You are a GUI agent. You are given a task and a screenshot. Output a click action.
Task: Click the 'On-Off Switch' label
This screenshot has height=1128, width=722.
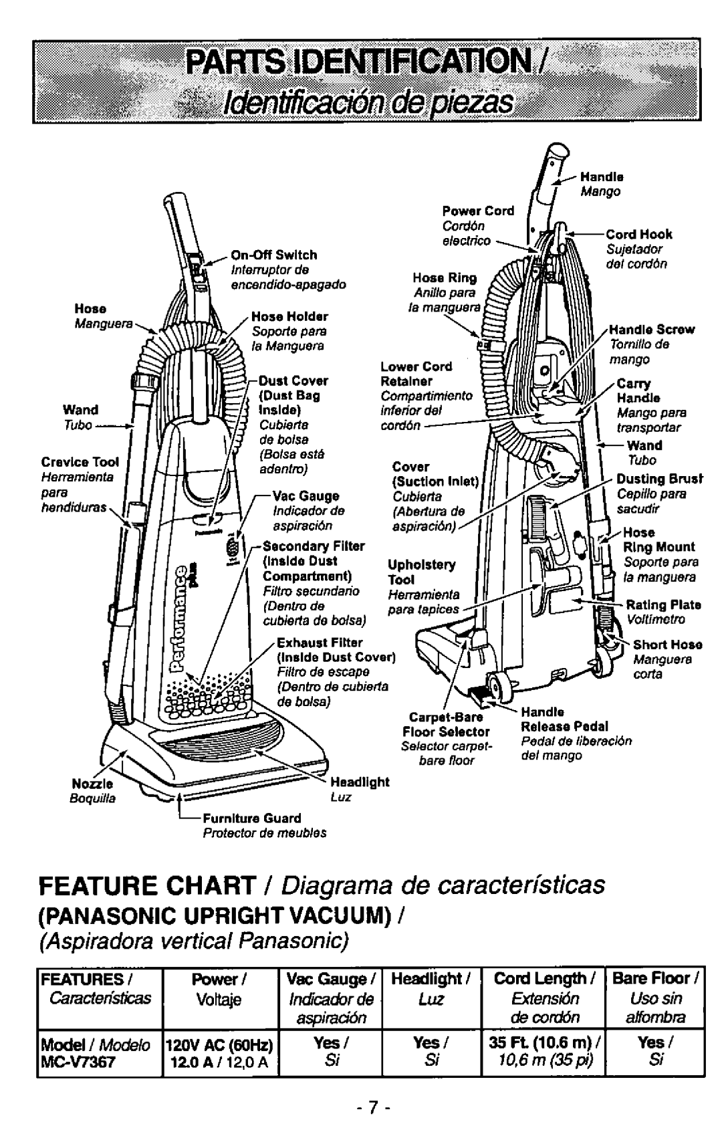(274, 255)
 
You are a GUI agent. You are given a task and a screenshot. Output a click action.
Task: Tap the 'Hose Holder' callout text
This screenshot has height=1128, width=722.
(289, 316)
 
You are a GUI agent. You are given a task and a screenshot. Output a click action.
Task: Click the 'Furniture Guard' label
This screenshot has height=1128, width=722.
(252, 818)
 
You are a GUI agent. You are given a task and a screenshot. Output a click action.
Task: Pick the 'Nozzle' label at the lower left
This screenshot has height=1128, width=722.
(98, 782)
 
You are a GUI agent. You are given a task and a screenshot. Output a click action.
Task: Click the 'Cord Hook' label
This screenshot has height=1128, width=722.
(639, 235)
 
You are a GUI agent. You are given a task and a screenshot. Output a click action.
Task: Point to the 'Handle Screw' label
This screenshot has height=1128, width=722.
(652, 330)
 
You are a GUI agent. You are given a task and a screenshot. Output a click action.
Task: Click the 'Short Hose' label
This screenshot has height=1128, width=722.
(667, 645)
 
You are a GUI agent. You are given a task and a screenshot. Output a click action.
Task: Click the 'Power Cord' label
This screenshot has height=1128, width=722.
(477, 211)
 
